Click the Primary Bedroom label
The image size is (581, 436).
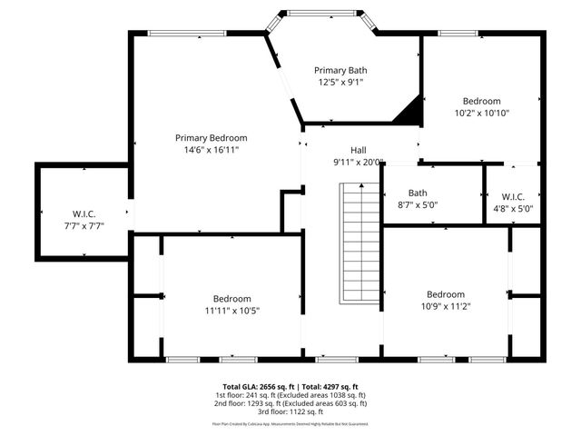[211, 138]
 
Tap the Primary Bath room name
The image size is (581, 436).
[340, 70]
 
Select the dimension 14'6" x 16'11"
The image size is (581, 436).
[211, 150]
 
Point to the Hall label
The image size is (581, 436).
[359, 150]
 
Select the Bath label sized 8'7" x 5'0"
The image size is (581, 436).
[418, 193]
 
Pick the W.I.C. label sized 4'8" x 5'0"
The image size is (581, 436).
[511, 196]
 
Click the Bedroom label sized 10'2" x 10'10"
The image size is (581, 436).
[481, 101]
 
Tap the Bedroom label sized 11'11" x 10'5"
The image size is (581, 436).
[231, 299]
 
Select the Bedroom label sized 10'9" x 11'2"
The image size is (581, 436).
[446, 294]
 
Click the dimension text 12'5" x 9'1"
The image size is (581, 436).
[340, 82]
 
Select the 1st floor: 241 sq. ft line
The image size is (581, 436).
[290, 394]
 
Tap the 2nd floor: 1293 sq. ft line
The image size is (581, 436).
[290, 402]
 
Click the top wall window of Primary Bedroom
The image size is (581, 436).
[188, 35]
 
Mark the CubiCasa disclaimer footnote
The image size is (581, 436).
[290, 423]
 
